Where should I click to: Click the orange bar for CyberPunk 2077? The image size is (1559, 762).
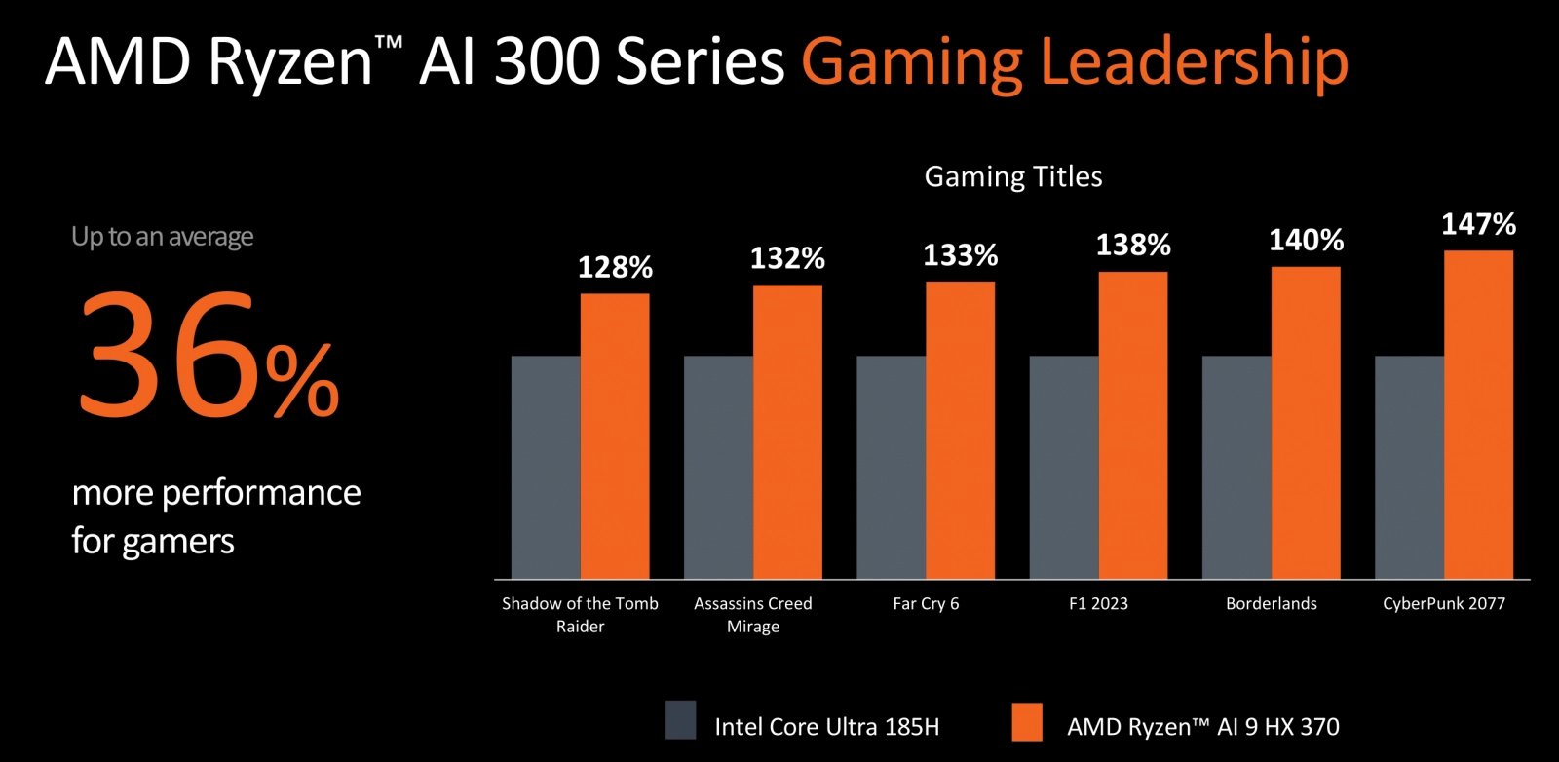tap(1478, 414)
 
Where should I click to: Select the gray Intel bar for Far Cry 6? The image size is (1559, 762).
tap(891, 467)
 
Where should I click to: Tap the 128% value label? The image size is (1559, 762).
tap(615, 267)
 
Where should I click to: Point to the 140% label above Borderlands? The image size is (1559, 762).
tap(1306, 240)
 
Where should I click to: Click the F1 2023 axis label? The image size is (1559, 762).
tap(1098, 603)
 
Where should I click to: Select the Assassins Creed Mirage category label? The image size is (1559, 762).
tap(752, 614)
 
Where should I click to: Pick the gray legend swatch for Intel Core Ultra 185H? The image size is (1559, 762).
tap(680, 720)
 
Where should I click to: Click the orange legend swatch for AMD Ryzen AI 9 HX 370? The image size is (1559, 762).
tap(1027, 722)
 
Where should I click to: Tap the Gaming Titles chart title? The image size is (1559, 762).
tap(1012, 176)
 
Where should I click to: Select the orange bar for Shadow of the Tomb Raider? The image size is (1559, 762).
tap(615, 436)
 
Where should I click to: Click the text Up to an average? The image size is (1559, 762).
tap(162, 237)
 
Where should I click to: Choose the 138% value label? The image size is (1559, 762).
tap(1132, 245)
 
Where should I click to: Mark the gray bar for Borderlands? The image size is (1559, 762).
tap(1236, 467)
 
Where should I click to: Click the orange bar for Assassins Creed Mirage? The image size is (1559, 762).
tap(787, 432)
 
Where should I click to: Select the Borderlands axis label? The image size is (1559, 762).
tap(1271, 603)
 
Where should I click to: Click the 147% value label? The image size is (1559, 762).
tap(1478, 224)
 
